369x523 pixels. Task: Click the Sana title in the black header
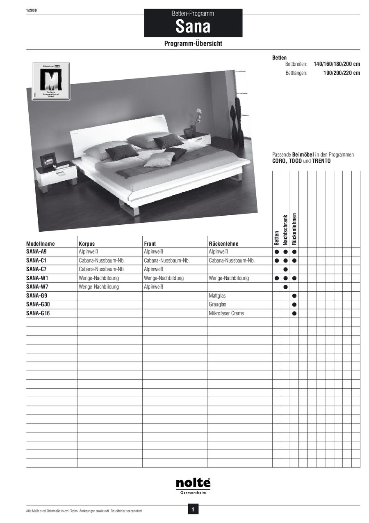[x=193, y=27]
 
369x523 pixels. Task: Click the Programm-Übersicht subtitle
[x=193, y=44]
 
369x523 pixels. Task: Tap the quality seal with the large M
[x=51, y=81]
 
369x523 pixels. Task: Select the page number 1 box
[x=193, y=510]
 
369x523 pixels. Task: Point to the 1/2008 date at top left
[x=31, y=10]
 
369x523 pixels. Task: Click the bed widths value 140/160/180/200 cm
[x=337, y=65]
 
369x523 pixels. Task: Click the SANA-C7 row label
[x=36, y=270]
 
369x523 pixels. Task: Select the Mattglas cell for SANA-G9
[x=217, y=296]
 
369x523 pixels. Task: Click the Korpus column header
[x=87, y=244]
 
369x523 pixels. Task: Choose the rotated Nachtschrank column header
[x=285, y=230]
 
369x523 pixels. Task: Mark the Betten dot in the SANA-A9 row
[x=277, y=251]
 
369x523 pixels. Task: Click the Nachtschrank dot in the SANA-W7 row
[x=286, y=287]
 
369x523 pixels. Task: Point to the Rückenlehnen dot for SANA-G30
[x=294, y=305]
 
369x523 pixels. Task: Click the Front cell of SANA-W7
[x=154, y=287]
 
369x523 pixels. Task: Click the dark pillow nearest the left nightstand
[x=122, y=152]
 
